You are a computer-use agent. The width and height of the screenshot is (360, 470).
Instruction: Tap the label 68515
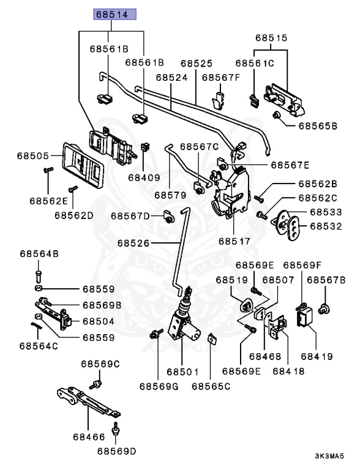point(271,38)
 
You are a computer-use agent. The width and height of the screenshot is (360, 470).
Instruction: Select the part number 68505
point(32,156)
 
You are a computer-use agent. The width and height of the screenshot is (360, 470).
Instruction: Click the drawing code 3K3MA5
point(329,456)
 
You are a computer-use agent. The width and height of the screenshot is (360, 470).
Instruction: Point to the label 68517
point(234,241)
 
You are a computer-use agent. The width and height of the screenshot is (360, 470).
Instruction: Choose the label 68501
point(182,372)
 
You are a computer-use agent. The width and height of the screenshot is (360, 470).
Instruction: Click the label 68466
point(89,437)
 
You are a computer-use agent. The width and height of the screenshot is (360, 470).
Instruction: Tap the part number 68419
point(317,357)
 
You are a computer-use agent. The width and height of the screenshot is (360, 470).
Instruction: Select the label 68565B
point(318,126)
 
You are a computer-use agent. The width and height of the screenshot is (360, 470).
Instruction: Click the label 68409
point(144,177)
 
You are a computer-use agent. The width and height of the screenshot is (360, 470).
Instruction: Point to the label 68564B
point(39,254)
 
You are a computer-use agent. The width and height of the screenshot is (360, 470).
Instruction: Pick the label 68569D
point(116,452)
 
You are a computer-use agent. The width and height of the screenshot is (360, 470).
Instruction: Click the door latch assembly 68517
point(231,192)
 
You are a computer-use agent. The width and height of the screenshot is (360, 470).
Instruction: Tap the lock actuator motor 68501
point(184,323)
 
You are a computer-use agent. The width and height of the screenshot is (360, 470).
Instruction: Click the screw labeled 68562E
point(48,170)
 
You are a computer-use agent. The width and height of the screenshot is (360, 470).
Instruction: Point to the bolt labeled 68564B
point(39,277)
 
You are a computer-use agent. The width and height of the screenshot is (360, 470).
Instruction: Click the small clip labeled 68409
point(145,147)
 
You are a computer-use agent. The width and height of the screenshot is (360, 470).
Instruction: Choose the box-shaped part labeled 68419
point(304,316)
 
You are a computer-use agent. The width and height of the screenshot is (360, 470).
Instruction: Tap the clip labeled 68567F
point(219,100)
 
